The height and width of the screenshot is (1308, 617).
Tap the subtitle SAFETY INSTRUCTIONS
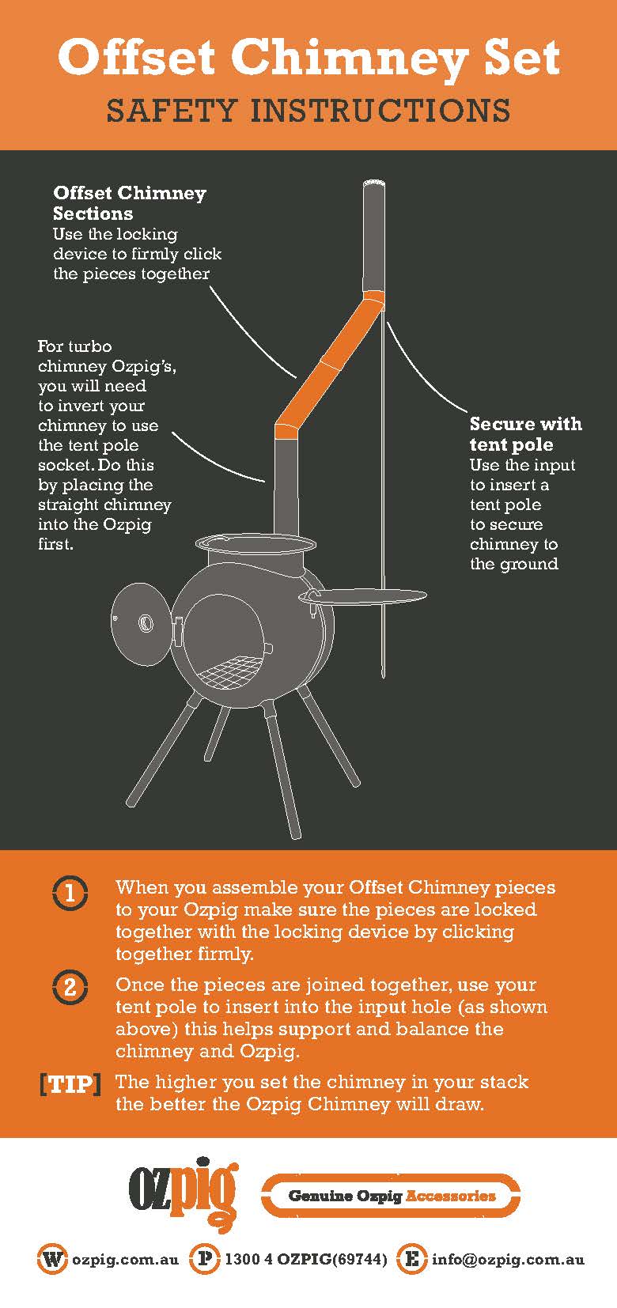(308, 111)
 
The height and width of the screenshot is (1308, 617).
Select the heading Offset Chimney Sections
(130, 202)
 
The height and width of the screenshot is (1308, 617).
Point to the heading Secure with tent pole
(526, 434)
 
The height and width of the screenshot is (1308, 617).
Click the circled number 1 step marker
(70, 894)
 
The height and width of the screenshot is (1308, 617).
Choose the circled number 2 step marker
(70, 988)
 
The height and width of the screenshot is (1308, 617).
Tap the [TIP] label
(70, 1084)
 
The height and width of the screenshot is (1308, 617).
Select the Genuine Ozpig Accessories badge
(391, 1195)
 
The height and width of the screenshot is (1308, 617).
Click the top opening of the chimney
(374, 183)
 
